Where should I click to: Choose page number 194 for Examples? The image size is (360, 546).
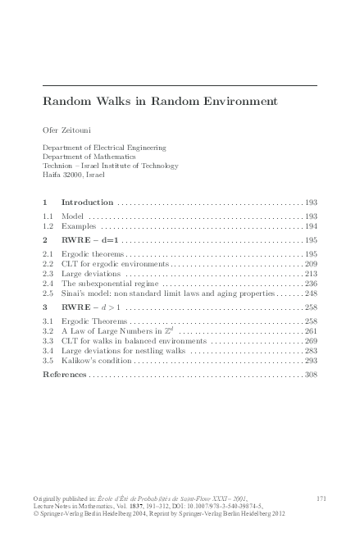(x=310, y=225)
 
